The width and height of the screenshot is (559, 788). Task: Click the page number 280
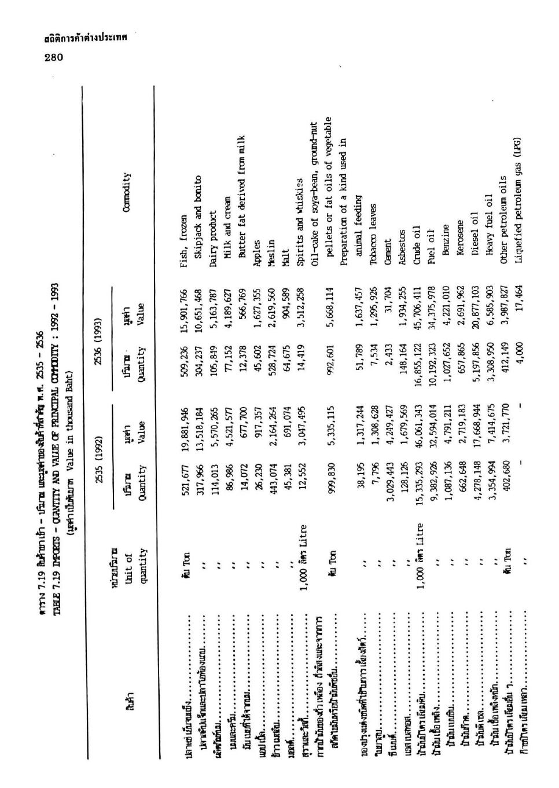point(54,57)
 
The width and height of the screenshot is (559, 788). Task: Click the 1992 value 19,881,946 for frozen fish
point(184,428)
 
